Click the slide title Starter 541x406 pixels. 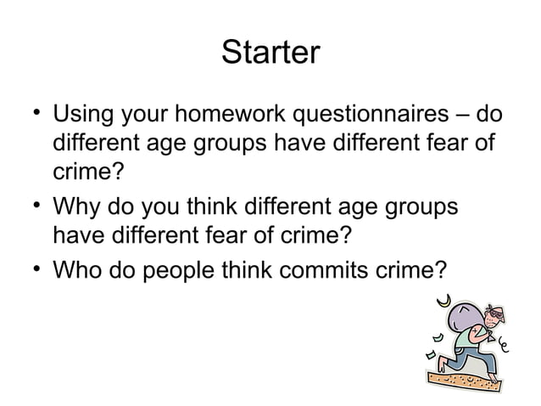point(270,54)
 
